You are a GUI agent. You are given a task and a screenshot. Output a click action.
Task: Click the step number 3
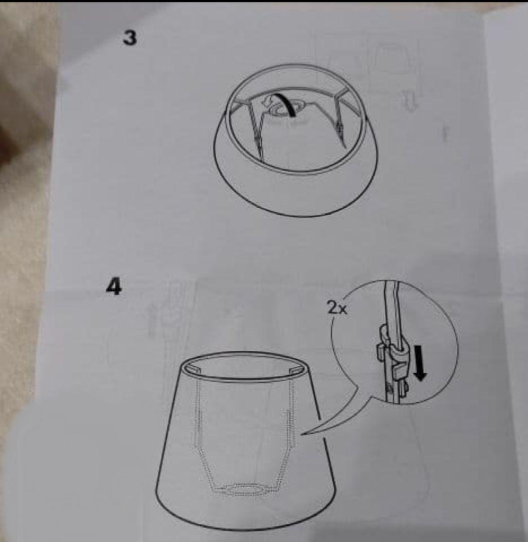click(130, 38)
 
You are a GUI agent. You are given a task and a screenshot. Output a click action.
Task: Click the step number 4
click(114, 287)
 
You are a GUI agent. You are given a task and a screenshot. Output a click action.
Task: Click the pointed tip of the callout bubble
click(303, 434)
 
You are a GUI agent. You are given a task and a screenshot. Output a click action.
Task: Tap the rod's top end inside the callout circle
click(393, 283)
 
